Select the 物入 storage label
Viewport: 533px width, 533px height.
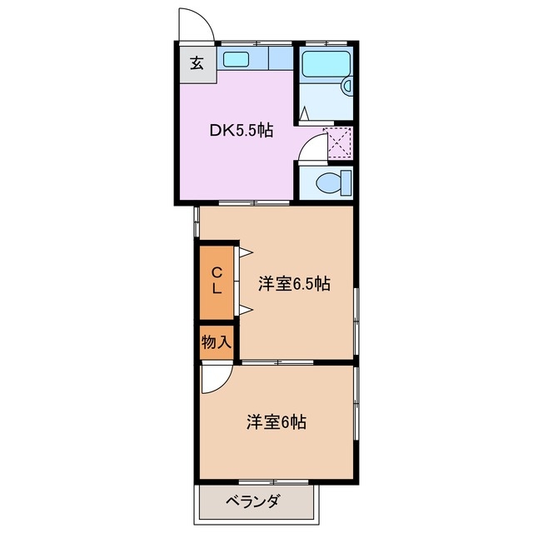coord(216,341)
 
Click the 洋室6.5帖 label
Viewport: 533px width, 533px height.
coord(293,284)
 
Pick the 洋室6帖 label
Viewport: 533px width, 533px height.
coord(276,422)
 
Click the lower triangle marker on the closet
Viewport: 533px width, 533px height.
coord(246,311)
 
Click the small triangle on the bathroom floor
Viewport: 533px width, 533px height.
coord(304,111)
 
